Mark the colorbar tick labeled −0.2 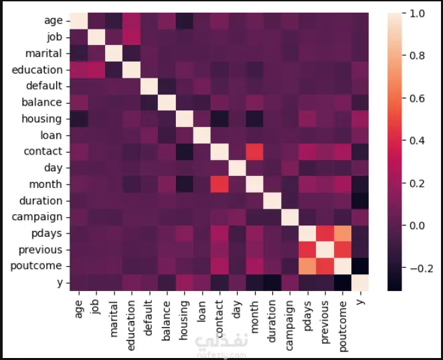[420, 268]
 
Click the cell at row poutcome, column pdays [306, 266]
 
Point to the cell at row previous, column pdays [306, 250]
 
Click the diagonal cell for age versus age [78, 21]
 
